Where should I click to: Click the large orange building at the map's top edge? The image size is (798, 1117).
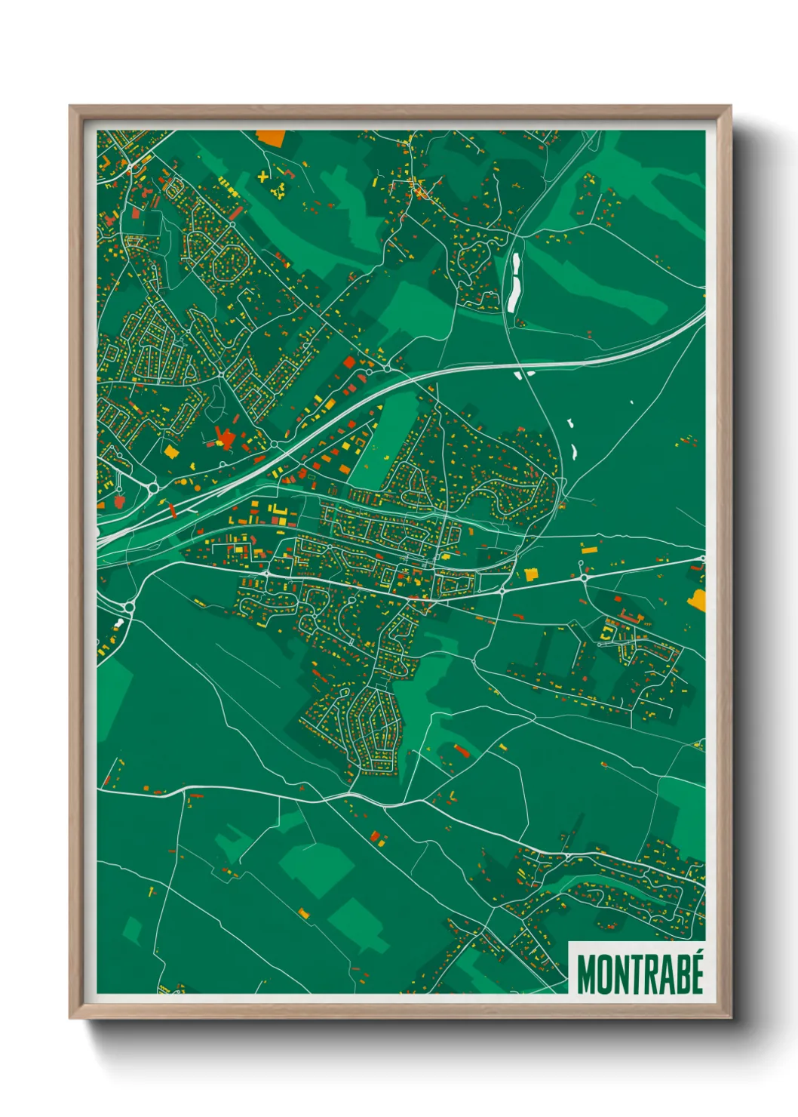point(271,137)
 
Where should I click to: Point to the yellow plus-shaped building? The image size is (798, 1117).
point(262,177)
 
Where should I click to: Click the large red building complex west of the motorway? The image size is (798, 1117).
point(225,439)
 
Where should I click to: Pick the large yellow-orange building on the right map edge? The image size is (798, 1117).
point(697,599)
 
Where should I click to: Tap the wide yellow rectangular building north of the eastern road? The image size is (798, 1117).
point(532,574)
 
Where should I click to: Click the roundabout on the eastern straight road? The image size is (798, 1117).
point(583,578)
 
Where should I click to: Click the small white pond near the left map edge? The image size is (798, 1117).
point(119,624)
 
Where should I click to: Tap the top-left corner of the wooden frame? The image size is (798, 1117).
point(71,107)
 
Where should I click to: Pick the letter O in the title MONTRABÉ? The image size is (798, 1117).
point(607,974)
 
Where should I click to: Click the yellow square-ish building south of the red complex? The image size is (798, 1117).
point(171,451)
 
